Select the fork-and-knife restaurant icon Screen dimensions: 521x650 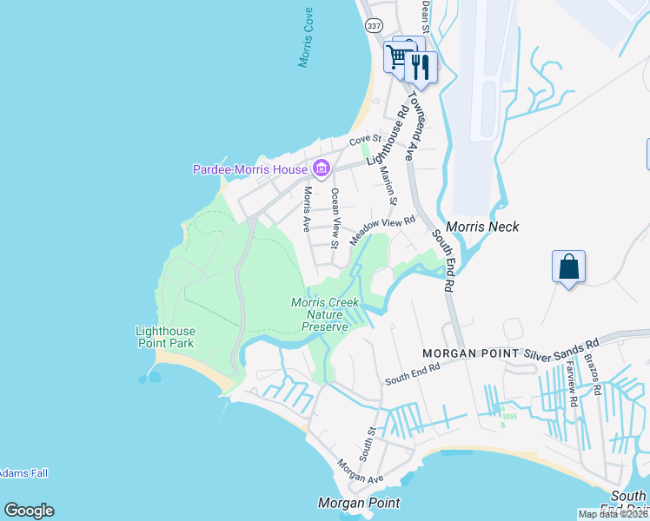[x=421, y=68]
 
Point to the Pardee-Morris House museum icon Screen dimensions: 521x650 [x=321, y=168]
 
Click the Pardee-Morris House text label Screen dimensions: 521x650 [x=250, y=169]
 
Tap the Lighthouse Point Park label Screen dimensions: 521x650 [x=165, y=337]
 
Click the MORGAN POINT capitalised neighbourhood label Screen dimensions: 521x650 [x=470, y=354]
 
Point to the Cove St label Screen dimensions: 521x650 [x=365, y=140]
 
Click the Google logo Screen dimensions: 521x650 [x=29, y=511]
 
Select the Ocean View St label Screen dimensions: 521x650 [x=335, y=217]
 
